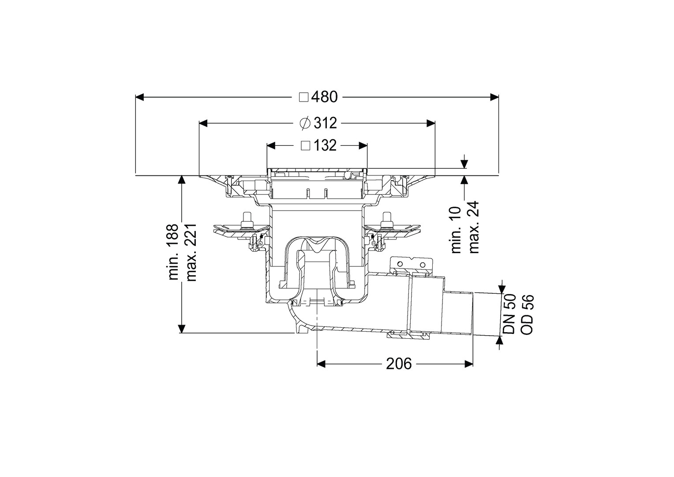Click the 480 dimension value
click(x=324, y=97)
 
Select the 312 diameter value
click(x=326, y=123)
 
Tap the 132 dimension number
click(x=325, y=146)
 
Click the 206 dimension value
click(x=399, y=364)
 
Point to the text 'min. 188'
click(x=174, y=252)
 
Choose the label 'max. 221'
click(x=191, y=252)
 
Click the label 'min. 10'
click(x=456, y=230)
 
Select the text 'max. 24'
click(x=474, y=227)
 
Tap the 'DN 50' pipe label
click(x=510, y=314)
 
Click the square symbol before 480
click(x=303, y=97)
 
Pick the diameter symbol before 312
click(x=305, y=123)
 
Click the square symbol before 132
click(x=306, y=146)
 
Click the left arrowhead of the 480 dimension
click(x=140, y=97)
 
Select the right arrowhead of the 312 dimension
click(x=431, y=123)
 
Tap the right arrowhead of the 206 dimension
click(x=469, y=363)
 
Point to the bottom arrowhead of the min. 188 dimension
click(x=181, y=329)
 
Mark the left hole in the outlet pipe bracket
click(x=400, y=264)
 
